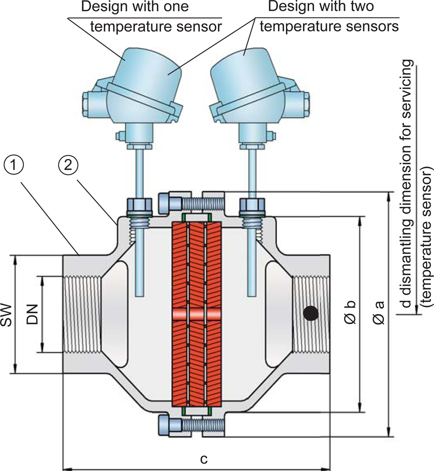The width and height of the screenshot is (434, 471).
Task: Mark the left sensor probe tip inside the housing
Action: click(140, 291)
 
